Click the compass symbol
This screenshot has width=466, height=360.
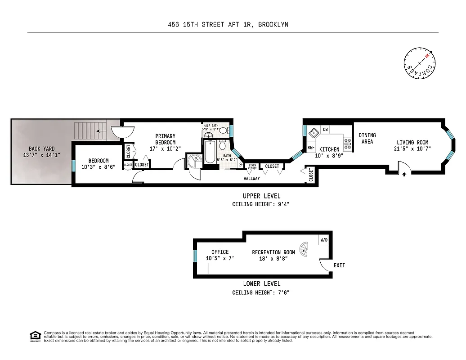point(420,63)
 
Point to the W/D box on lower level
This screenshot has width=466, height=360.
point(324,240)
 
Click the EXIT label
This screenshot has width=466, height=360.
point(339,265)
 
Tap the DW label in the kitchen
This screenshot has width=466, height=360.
point(325,130)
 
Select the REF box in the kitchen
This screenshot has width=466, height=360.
point(311,147)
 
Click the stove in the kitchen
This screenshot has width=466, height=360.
point(348,143)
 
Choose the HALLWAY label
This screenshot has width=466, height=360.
point(251,179)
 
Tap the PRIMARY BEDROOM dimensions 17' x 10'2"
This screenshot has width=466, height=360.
point(165,148)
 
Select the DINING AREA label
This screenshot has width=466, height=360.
point(367,139)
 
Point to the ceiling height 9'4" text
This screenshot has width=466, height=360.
point(260,204)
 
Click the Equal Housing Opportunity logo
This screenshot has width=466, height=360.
point(35,336)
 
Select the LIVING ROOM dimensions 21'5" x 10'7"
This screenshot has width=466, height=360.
point(412,149)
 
